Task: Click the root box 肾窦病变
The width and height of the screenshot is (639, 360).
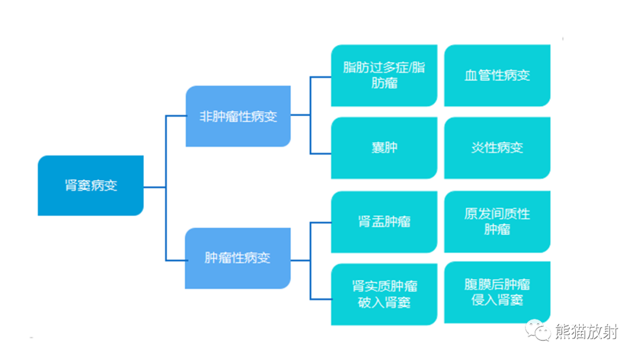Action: coord(91,185)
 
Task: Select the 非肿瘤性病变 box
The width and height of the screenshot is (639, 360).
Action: coord(238,116)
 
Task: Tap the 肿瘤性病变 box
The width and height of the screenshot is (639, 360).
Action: coord(238,258)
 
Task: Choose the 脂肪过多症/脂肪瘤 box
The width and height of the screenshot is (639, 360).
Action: coord(384,75)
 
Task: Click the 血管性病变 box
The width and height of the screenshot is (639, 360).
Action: coord(497,75)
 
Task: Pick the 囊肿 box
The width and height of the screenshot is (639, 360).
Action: coord(384,147)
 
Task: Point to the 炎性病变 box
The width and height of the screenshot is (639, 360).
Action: coord(497,147)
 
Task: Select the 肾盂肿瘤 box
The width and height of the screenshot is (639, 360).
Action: coord(384,221)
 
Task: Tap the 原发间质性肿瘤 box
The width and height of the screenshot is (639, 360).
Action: coord(497,221)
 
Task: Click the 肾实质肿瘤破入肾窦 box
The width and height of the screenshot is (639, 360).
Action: coord(384,294)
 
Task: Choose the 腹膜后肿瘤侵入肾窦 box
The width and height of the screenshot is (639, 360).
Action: coord(497,292)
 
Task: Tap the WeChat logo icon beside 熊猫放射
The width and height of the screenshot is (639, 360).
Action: coord(539,331)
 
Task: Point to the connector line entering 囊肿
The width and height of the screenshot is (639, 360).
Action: coord(321,153)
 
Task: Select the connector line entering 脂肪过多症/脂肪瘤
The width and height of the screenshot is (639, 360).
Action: coord(321,77)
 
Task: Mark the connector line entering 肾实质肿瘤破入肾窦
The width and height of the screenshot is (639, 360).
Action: coord(321,298)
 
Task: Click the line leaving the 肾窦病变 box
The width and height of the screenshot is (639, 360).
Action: coord(154,187)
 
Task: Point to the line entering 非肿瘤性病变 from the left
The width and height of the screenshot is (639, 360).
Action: coord(176,116)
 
